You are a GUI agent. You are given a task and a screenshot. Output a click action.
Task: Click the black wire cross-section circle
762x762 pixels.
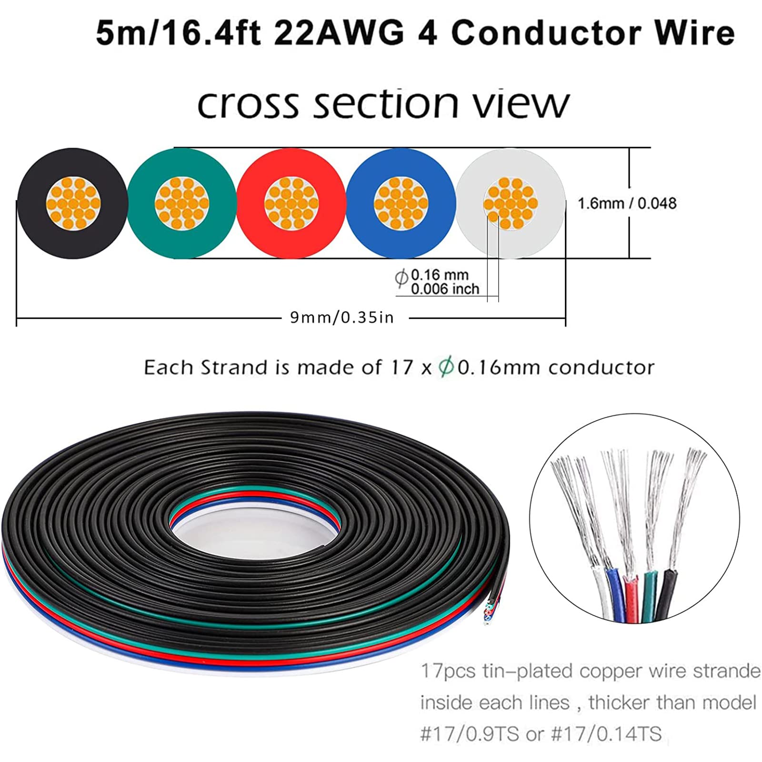coord(72,203)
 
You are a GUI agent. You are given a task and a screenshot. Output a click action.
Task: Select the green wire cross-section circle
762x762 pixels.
coord(182,203)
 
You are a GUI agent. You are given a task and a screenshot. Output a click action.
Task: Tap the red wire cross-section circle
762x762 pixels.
coord(291,203)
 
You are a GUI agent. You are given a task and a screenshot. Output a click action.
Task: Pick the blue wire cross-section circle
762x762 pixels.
coord(401,203)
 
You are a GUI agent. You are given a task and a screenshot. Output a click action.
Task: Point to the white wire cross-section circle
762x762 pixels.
coord(511,203)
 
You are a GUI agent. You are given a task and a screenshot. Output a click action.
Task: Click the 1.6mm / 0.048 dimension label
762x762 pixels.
coord(627,203)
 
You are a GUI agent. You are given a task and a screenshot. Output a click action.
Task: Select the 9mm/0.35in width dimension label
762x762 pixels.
coord(342,317)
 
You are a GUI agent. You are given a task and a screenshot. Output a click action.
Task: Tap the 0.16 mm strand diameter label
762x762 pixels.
coord(440,275)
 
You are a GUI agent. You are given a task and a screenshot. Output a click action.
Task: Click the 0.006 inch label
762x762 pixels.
coord(445,289)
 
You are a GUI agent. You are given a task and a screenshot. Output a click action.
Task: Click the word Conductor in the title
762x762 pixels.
coord(546,33)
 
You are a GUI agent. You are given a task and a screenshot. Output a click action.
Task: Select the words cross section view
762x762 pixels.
coord(383,103)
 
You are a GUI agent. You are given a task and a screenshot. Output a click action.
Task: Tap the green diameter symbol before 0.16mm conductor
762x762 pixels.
coord(446,367)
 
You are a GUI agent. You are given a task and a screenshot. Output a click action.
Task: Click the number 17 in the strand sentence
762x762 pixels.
coord(401,367)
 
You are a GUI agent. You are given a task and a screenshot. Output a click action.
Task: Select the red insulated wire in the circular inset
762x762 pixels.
coord(632,598)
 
